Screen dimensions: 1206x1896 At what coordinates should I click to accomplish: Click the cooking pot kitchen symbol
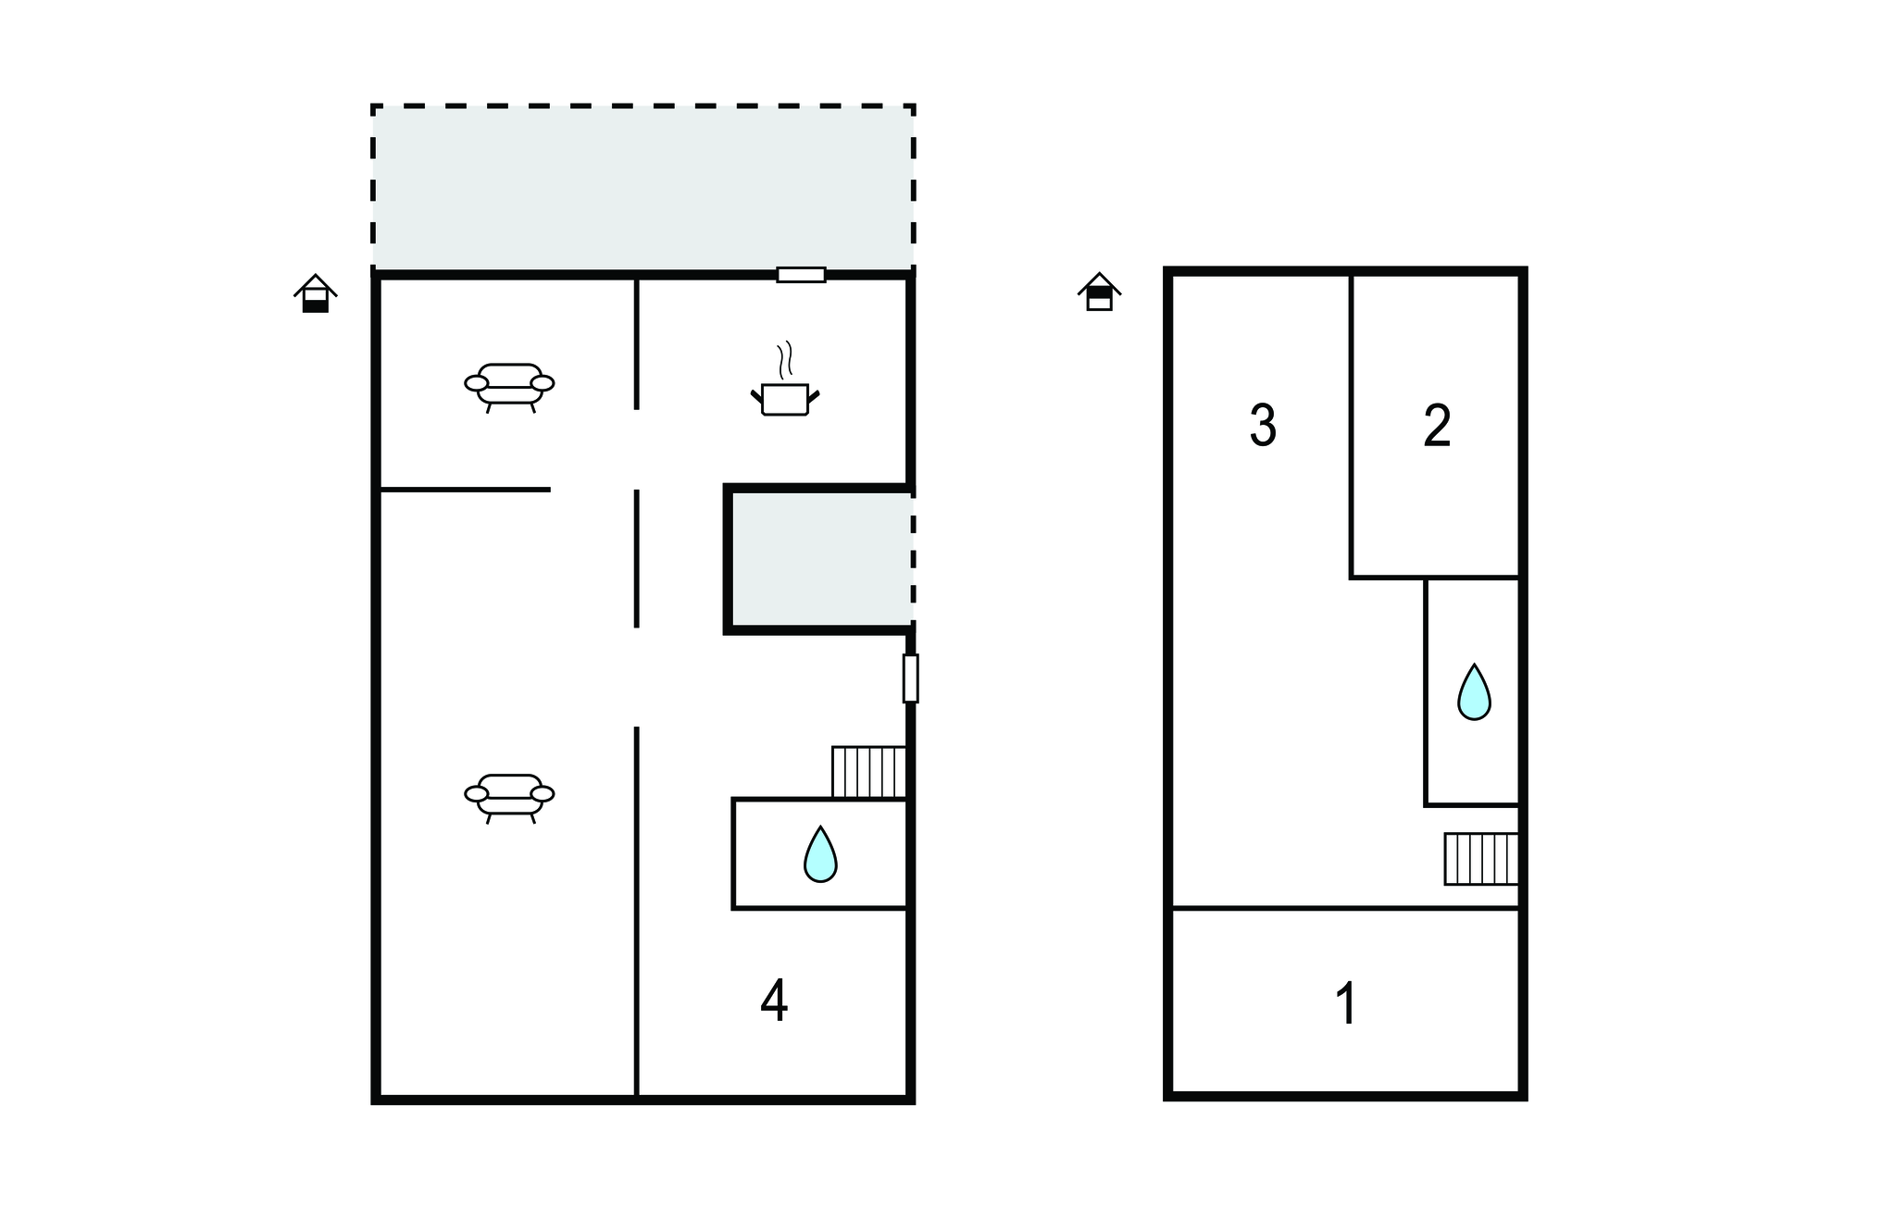(x=785, y=399)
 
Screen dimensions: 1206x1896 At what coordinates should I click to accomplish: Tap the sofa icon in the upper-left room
(x=509, y=385)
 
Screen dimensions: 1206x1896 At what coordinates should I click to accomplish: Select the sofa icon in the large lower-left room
(x=509, y=796)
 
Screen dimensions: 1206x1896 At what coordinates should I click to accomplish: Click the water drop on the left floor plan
(x=820, y=853)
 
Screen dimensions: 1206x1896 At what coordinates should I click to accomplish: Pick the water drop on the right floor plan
(x=1474, y=691)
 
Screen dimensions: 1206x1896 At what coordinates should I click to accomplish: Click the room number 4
(x=774, y=1001)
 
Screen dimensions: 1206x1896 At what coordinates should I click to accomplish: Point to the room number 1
(x=1347, y=1004)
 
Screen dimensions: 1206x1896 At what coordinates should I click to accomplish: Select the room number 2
(x=1437, y=426)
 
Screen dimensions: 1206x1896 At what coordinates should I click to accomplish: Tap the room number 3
(x=1263, y=426)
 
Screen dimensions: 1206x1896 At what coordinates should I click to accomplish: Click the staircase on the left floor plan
(x=868, y=772)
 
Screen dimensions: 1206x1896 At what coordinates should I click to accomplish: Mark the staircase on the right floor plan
(x=1481, y=859)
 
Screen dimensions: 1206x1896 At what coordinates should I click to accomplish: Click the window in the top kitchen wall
(x=801, y=275)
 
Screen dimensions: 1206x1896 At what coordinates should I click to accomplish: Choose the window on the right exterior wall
(x=911, y=678)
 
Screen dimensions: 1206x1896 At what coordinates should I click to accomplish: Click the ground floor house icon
(x=316, y=294)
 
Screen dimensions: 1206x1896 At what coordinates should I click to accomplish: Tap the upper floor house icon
(x=1099, y=292)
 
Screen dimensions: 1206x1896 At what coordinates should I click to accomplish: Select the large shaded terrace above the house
(x=642, y=189)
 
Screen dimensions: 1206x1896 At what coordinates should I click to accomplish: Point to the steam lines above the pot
(x=786, y=360)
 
